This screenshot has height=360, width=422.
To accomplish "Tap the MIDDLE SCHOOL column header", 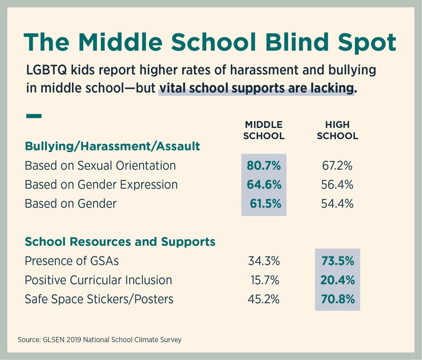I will click(x=264, y=130).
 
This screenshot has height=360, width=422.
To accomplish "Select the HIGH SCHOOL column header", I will click(x=337, y=130).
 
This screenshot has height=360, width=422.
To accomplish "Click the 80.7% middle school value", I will click(x=264, y=166).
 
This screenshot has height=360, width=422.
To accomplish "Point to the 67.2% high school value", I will click(x=337, y=166).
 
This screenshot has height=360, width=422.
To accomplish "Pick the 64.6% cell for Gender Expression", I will click(x=264, y=185).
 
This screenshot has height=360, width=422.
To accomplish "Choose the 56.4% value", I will click(x=337, y=185).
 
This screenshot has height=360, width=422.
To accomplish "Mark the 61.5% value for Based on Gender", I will click(x=266, y=204).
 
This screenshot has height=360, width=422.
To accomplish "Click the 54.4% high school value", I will click(x=337, y=204).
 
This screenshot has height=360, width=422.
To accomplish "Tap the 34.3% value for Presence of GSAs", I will click(x=264, y=261).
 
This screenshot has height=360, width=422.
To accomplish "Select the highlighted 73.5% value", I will click(x=338, y=261).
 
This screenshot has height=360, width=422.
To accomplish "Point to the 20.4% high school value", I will click(x=338, y=280).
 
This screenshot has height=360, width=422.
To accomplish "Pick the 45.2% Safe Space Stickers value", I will click(x=264, y=299).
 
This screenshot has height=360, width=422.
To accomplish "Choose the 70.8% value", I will click(x=338, y=299).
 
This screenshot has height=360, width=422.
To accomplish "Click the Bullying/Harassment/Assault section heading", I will click(x=112, y=146).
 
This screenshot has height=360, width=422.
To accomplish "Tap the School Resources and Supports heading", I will click(x=120, y=242).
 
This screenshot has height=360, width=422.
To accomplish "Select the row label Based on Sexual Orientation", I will click(x=100, y=166).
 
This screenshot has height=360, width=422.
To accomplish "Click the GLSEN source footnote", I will click(x=100, y=340).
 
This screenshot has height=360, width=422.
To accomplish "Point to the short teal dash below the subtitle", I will click(x=34, y=115).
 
